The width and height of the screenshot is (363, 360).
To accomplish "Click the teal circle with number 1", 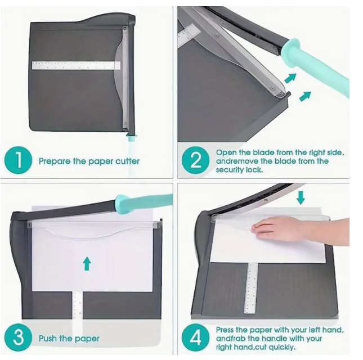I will tap(18, 161).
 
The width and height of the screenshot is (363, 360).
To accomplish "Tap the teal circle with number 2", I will tap(195, 160).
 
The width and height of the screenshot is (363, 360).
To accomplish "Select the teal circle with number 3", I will tap(18, 339).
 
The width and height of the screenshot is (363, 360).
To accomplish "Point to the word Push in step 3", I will tap(48, 339).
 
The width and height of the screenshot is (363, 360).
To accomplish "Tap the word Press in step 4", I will tap(227, 330).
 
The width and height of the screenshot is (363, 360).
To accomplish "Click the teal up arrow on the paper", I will tap(86, 263).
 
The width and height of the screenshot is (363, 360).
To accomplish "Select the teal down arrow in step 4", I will tap(301, 197).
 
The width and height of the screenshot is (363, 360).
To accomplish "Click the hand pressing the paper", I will tap(281, 228).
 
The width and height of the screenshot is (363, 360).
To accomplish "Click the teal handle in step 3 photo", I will tap(141, 202).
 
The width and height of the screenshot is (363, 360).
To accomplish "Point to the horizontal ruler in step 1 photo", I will tap(75, 65).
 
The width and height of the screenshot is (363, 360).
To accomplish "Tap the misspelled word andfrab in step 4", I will tap(231, 339).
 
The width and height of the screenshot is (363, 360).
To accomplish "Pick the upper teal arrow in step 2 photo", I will tap(290, 78).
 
